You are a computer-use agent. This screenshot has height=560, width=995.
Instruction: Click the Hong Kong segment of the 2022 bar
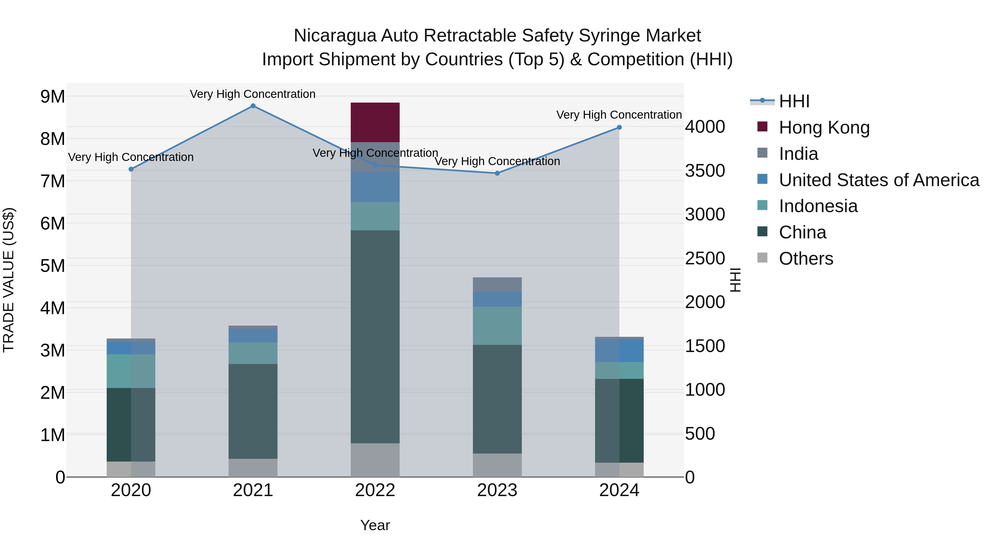pos(375,122)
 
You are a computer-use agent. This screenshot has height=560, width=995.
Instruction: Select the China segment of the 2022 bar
pos(375,336)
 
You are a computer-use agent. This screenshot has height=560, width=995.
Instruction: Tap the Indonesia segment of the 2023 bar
pos(497,325)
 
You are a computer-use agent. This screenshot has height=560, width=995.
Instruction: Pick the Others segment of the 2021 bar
pos(253,468)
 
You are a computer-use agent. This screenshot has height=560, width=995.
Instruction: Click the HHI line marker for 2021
pos(253,106)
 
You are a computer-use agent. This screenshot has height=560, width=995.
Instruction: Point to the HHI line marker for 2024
pos(619,127)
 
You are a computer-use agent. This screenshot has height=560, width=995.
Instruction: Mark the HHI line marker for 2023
pos(497,173)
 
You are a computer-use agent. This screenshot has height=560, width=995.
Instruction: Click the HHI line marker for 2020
pos(131,169)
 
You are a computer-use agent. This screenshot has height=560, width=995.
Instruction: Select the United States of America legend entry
pos(879,180)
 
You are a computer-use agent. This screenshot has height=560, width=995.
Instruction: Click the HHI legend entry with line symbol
pos(794,101)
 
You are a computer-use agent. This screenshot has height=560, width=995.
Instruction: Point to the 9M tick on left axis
pos(53,97)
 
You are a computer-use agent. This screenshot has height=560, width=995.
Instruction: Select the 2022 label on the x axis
pos(375,490)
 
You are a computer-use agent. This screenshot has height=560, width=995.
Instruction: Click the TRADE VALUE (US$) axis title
pos(9,280)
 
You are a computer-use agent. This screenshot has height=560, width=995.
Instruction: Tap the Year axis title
pos(375,525)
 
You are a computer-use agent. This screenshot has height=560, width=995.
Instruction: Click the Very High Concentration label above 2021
pos(253,94)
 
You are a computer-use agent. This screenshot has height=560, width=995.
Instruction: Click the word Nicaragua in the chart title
pos(334,36)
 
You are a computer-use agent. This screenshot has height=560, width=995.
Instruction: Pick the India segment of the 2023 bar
pos(497,285)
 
